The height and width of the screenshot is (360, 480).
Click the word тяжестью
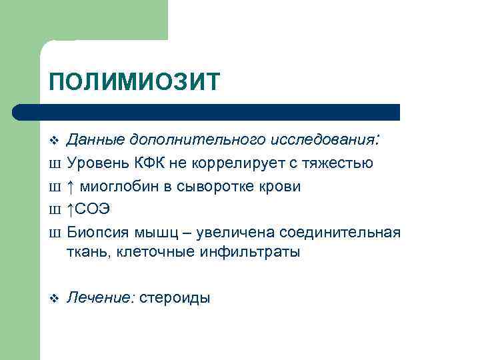coord(343,163)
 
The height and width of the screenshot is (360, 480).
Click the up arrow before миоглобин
coord(71,187)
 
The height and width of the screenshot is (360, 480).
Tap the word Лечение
coord(99,298)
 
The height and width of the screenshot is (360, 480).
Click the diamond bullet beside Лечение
coord(54,298)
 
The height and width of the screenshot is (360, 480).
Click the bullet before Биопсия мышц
coord(55,232)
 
